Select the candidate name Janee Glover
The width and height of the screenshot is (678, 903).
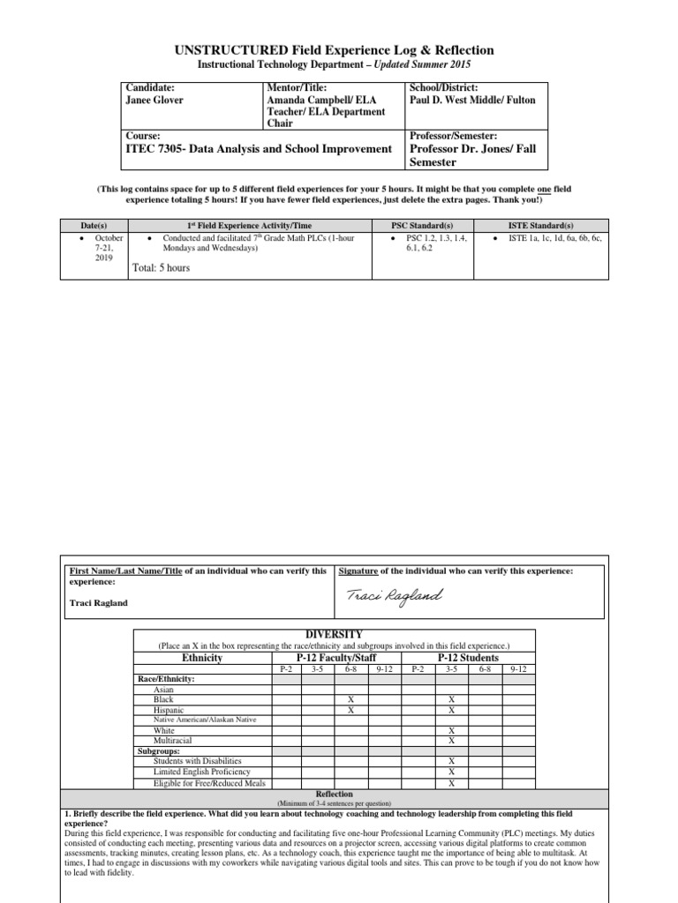click(156, 101)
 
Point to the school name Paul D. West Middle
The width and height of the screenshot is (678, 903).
click(457, 101)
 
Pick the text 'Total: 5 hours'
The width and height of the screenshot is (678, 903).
click(161, 268)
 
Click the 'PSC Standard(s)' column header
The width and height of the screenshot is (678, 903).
click(421, 226)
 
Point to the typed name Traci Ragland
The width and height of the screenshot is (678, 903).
click(99, 603)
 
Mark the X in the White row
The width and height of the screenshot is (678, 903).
click(451, 730)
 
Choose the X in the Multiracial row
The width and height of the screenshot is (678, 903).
click(451, 741)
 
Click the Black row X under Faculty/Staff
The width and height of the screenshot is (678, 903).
click(350, 699)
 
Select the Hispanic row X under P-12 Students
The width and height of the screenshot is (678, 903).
click(451, 710)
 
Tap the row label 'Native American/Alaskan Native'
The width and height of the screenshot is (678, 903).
click(205, 720)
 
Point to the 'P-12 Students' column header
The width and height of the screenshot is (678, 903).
click(468, 658)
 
